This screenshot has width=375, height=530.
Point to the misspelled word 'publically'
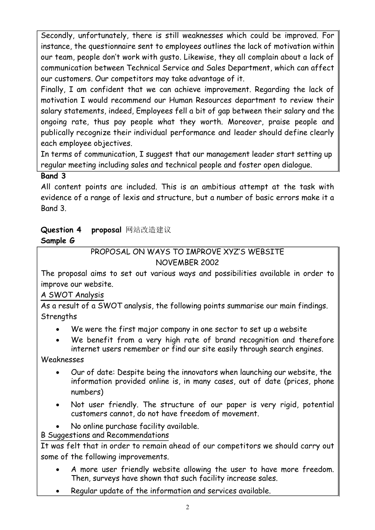pyautogui.click(x=57, y=133)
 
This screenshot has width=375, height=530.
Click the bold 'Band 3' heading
pyautogui.click(x=53, y=176)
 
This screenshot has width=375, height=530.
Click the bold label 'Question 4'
pyautogui.click(x=61, y=230)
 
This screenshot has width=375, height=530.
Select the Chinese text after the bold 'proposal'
pyautogui.click(x=148, y=230)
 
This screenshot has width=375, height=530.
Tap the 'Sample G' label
pyautogui.click(x=58, y=240)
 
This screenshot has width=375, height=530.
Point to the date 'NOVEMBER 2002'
pyautogui.click(x=187, y=262)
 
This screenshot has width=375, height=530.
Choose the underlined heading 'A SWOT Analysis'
pyautogui.click(x=72, y=295)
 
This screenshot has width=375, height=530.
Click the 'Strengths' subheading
pyautogui.click(x=59, y=317)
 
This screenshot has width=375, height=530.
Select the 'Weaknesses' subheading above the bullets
pyautogui.click(x=62, y=360)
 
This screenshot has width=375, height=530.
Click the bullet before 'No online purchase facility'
pyautogui.click(x=58, y=427)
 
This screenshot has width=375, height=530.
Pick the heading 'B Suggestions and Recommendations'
pyautogui.click(x=105, y=435)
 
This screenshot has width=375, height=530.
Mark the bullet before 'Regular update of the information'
pyautogui.click(x=58, y=491)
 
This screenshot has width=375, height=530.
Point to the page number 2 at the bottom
pyautogui.click(x=187, y=508)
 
